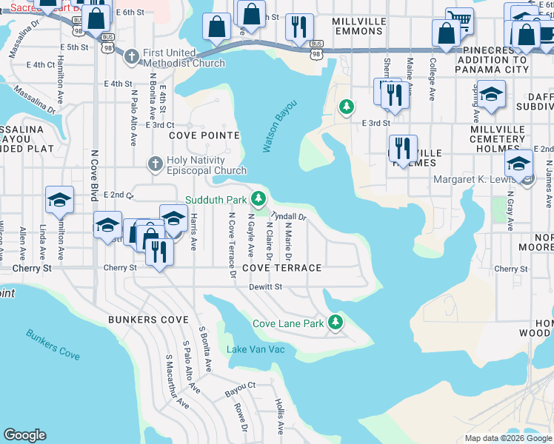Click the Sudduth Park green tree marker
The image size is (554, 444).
258,198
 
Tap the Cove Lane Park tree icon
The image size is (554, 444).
336,323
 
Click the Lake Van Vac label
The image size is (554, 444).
256,349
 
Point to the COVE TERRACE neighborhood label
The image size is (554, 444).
281,268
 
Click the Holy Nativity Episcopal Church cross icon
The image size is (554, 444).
155,164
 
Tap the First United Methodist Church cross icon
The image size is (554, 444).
131,56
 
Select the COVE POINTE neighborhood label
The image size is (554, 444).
204,135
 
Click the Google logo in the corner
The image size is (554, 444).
24,435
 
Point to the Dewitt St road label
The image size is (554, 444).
266,286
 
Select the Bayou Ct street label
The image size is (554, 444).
240,386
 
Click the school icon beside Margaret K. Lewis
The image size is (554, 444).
518,165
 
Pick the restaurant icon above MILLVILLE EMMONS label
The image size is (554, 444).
299,27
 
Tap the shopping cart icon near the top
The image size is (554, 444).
459,21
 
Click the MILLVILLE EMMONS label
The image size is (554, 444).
361,27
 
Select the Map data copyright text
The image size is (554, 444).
507,438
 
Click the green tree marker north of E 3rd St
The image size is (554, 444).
346,107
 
